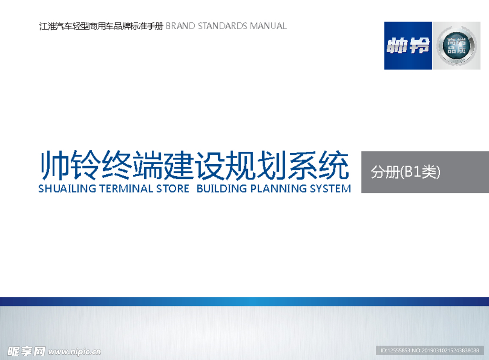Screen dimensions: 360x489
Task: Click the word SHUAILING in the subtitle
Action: point(67,189)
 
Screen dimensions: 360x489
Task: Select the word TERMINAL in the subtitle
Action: point(127,189)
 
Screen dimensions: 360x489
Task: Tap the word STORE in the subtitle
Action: point(173,189)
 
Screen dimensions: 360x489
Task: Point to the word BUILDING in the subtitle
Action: point(222,189)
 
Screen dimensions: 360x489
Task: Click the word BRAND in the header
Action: point(181,26)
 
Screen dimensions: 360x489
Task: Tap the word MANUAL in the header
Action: point(268,26)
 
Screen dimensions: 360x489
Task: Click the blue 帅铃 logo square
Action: point(408,46)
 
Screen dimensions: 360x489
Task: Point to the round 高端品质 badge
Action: point(456,46)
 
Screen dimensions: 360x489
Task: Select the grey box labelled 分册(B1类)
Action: point(425,172)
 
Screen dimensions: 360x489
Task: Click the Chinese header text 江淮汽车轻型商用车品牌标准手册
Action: point(101,26)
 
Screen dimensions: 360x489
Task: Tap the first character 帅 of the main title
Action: point(53,165)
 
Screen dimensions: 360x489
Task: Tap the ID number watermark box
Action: point(430,350)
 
